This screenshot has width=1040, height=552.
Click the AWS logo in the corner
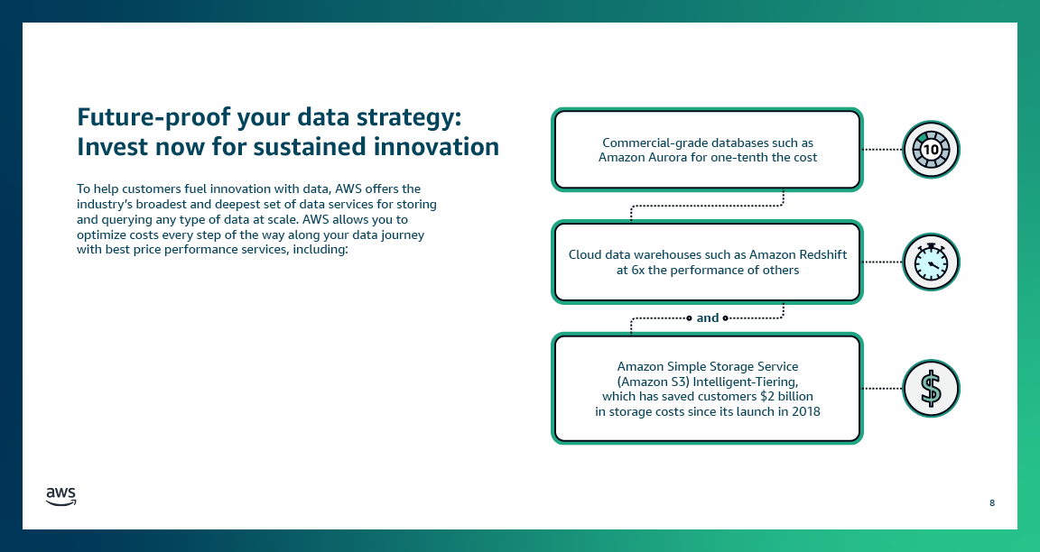click(x=61, y=497)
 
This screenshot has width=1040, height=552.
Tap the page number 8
click(x=992, y=502)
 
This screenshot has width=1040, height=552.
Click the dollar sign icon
click(x=931, y=389)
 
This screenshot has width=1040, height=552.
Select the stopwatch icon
click(x=931, y=262)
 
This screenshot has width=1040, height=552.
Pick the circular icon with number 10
click(x=931, y=149)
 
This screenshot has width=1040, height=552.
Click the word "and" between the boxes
click(x=708, y=317)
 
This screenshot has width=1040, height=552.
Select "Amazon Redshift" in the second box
click(x=801, y=254)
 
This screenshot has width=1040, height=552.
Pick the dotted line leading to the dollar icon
click(x=882, y=389)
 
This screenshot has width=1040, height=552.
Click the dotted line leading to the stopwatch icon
click(x=882, y=262)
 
